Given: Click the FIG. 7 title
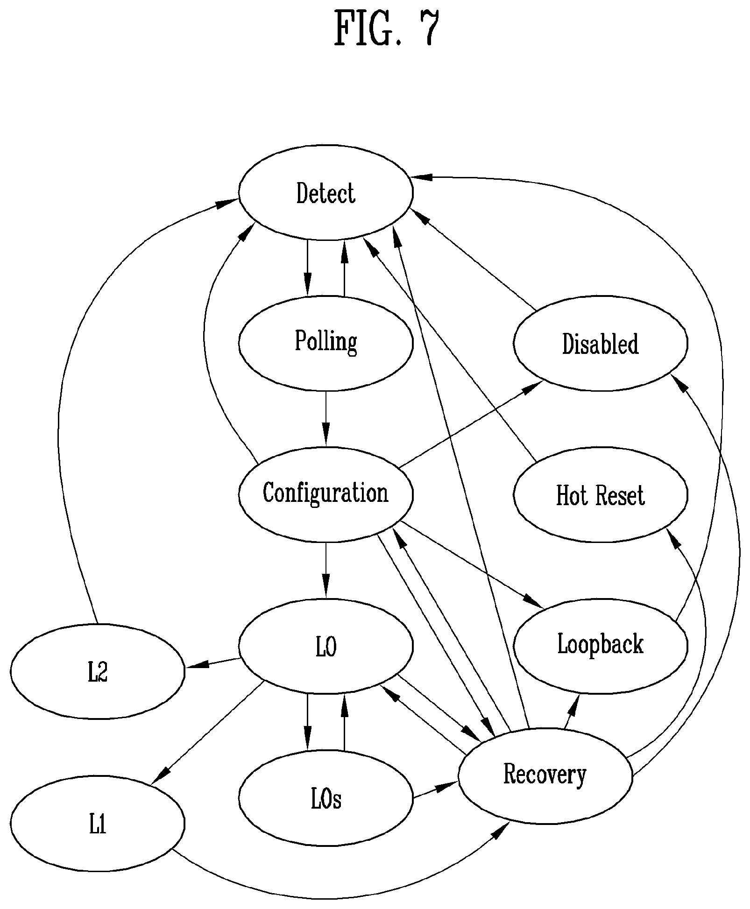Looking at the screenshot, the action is click(x=387, y=28).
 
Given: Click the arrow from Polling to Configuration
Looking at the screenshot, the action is click(x=325, y=419).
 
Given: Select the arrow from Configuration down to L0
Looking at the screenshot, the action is click(x=325, y=570).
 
